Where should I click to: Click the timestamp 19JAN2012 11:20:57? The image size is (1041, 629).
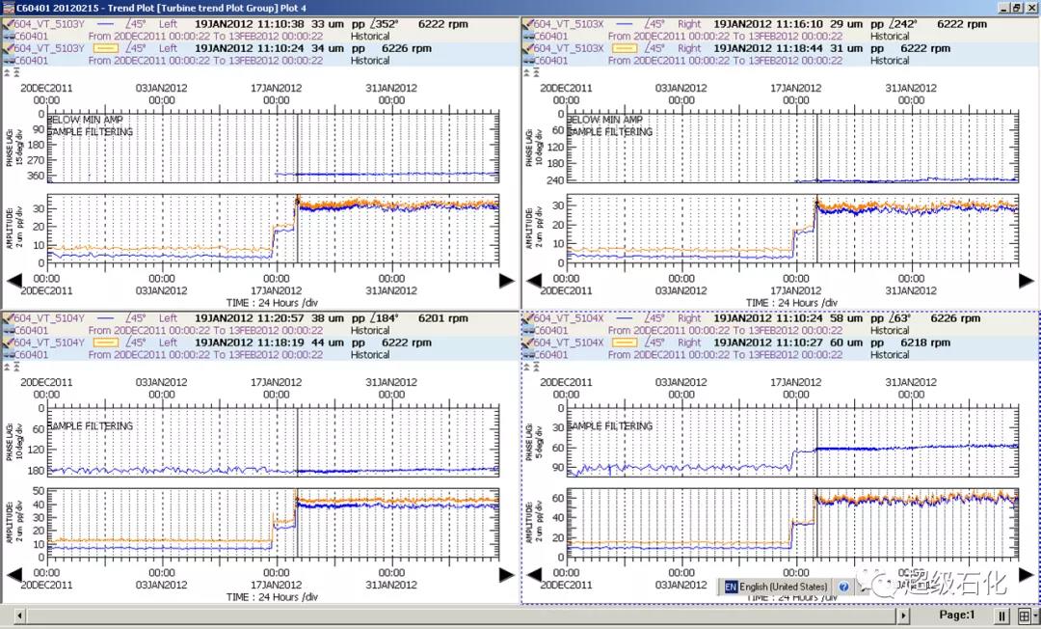click(250, 318)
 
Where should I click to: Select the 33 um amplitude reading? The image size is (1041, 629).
click(329, 24)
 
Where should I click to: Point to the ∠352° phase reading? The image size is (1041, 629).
click(383, 24)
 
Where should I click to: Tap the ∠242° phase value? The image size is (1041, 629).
click(902, 24)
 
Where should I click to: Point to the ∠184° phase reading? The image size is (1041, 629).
click(383, 318)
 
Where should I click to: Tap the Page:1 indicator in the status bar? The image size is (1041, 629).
click(956, 615)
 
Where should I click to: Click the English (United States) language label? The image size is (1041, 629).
click(783, 587)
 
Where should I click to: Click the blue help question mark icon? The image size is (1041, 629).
click(844, 587)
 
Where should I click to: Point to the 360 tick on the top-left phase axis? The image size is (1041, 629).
click(38, 175)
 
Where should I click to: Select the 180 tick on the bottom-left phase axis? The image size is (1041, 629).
click(38, 471)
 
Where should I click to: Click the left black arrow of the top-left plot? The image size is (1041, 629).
click(13, 281)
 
